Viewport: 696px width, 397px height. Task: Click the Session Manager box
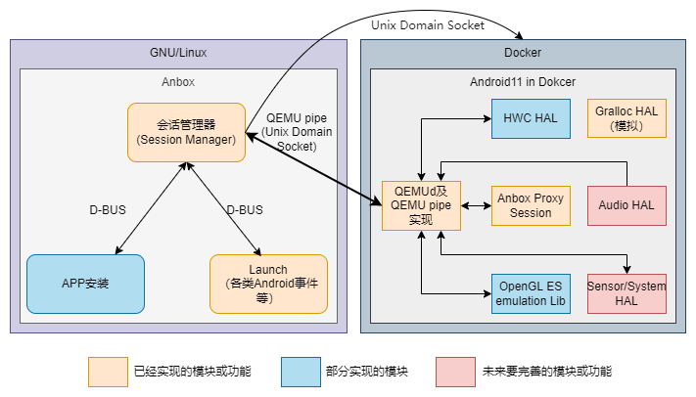(186, 133)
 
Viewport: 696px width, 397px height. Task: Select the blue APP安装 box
(86, 284)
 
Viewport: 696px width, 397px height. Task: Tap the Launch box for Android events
(268, 284)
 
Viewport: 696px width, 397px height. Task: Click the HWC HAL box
(531, 119)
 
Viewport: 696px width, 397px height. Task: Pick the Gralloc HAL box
(626, 118)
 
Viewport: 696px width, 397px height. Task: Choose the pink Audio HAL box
(626, 205)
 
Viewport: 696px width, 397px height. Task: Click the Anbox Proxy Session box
(531, 205)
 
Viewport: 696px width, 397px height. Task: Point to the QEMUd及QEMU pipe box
(421, 205)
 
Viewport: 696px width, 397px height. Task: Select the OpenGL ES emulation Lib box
(531, 293)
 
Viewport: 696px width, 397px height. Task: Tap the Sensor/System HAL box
(626, 293)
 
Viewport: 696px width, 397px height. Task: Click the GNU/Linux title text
(178, 53)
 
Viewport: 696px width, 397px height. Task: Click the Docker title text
(523, 53)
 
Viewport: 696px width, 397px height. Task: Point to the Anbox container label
(178, 82)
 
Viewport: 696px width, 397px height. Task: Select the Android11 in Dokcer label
(523, 82)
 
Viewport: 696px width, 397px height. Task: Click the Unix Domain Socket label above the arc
(428, 25)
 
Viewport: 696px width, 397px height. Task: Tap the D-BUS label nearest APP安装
(108, 210)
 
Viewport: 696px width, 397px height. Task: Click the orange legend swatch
(108, 372)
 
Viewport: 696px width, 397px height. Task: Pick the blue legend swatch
(301, 372)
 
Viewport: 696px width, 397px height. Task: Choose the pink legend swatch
(455, 372)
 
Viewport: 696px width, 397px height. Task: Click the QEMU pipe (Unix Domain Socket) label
(297, 132)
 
